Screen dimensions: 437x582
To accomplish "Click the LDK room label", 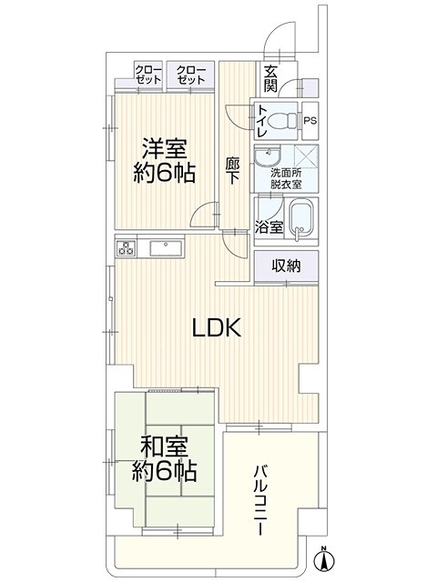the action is click(217, 327).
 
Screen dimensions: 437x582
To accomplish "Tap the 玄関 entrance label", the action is click(271, 78).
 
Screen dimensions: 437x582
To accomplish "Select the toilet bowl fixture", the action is click(281, 121).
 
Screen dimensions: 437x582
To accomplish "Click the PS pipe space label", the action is click(310, 121).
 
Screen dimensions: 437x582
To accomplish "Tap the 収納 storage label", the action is click(286, 266).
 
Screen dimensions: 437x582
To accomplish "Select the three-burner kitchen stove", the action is click(126, 248).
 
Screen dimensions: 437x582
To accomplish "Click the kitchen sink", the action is click(167, 248).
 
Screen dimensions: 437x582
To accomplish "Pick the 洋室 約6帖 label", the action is click(165, 160).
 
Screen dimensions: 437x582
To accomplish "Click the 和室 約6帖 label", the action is click(164, 458).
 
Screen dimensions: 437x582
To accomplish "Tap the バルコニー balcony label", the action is click(260, 501).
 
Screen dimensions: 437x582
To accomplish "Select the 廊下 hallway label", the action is click(233, 171).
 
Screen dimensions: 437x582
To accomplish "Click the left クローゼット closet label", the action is click(148, 75).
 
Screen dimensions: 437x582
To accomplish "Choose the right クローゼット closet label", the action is click(190, 75).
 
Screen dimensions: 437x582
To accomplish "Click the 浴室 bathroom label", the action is click(269, 227).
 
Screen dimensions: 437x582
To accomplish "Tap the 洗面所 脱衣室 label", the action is click(286, 178).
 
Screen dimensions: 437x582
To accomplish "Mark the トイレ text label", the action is click(261, 121).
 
